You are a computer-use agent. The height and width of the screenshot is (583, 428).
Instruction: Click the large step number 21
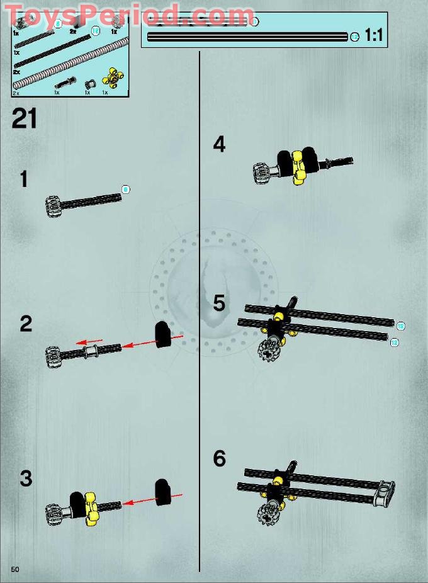click(25, 118)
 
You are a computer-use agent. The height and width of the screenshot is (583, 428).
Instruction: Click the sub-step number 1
click(24, 179)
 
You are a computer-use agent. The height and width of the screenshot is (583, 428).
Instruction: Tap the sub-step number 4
click(219, 145)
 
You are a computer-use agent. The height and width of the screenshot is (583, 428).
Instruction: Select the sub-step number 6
click(219, 458)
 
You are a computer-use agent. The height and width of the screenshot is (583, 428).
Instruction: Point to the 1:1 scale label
click(374, 35)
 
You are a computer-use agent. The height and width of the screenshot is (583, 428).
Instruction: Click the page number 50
click(15, 569)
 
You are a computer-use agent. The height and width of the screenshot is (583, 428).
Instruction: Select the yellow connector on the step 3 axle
click(90, 504)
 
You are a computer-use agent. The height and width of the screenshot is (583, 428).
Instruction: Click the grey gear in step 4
click(262, 171)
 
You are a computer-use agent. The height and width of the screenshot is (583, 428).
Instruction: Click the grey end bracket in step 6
click(385, 492)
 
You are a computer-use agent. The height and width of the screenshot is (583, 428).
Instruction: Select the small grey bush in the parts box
click(89, 83)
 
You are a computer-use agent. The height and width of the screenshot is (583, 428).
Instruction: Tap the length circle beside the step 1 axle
click(125, 189)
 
